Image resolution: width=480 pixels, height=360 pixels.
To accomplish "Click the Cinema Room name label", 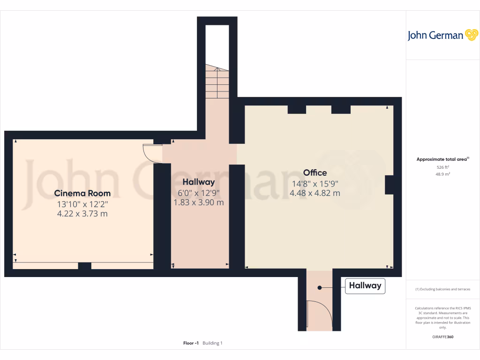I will click(x=82, y=193).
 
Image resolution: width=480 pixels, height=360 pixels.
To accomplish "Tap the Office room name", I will click(x=315, y=173).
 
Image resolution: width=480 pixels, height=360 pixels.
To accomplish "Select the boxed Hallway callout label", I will click(x=365, y=285).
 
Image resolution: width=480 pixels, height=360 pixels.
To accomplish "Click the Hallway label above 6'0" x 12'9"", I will click(x=198, y=182).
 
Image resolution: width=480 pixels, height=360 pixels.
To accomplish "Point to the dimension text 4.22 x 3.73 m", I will click(x=82, y=214).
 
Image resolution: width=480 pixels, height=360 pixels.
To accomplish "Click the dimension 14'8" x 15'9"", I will click(x=315, y=184).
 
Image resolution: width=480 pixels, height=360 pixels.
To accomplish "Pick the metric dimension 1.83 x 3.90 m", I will click(x=199, y=202).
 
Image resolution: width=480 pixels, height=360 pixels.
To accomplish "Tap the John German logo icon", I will click(x=471, y=35).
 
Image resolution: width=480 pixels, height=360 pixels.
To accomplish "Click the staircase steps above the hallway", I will click(x=217, y=82).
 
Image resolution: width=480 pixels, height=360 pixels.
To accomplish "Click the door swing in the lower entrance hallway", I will click(x=319, y=314).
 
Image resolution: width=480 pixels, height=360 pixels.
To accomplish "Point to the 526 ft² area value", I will click(x=442, y=167).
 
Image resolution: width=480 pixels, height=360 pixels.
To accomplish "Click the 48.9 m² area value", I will click(x=442, y=174).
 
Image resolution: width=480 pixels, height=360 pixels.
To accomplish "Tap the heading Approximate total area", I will click(x=442, y=159).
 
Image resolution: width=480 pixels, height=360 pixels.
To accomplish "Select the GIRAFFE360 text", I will click(x=443, y=337).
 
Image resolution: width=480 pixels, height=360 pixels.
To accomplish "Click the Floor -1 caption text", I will click(x=191, y=343).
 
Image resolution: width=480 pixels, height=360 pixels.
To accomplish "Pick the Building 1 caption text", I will click(x=212, y=343).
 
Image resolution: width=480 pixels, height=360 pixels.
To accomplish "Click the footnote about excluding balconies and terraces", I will click(x=443, y=289).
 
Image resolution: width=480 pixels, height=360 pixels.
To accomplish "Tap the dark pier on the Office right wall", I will click(x=389, y=185).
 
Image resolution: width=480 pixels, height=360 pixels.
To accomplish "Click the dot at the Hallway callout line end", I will click(x=319, y=287).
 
